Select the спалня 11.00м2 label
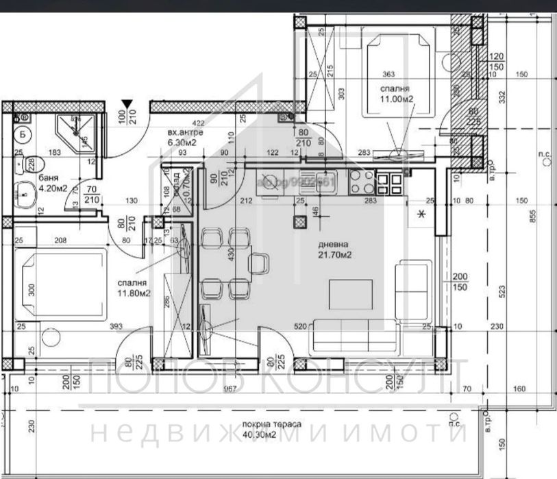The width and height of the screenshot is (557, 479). pyautogui.click(x=395, y=95)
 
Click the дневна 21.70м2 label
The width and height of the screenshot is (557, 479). pyautogui.click(x=334, y=249)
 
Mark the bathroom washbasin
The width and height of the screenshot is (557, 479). pyautogui.click(x=25, y=194)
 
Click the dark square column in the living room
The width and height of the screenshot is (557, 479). pyautogui.click(x=299, y=221)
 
